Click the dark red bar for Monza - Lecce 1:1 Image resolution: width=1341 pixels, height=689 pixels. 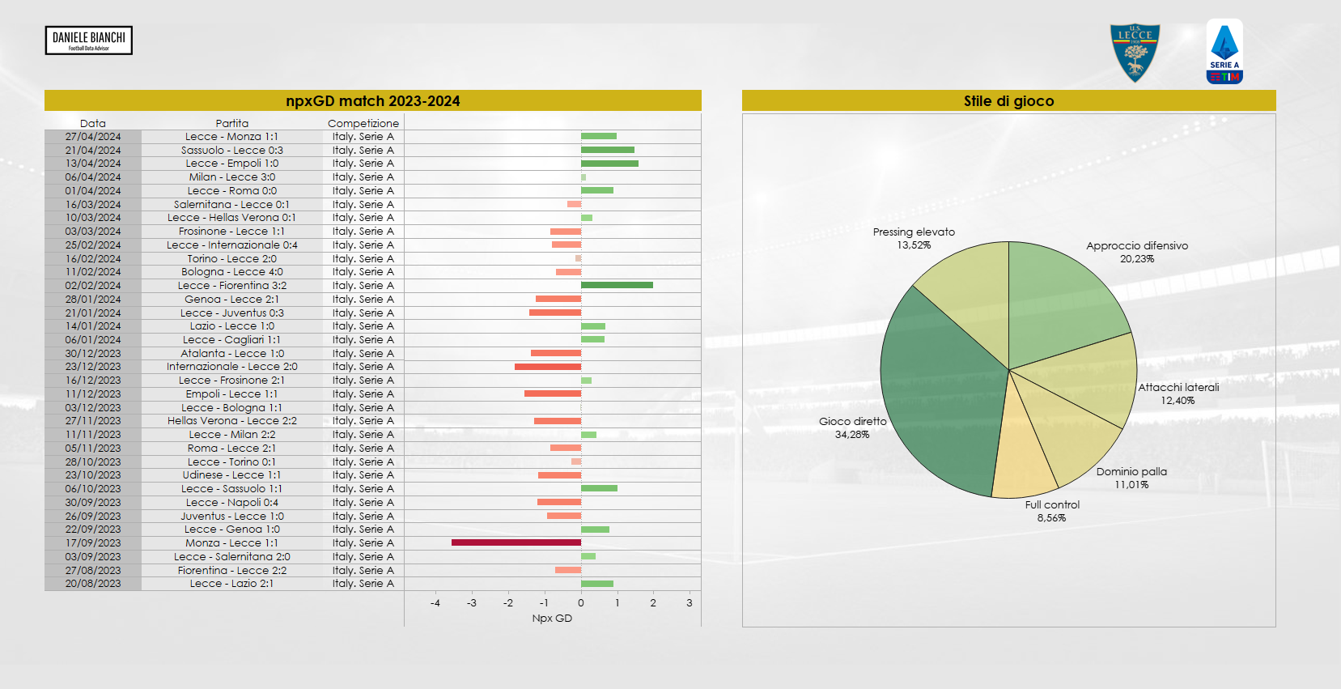tap(516, 542)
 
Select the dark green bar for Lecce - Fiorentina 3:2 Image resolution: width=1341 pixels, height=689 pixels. tap(617, 285)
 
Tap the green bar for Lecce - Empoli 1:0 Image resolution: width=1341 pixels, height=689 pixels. tap(609, 164)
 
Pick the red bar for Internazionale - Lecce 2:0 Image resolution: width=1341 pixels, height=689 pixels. tap(548, 367)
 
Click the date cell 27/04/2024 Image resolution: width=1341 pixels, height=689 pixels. tap(93, 137)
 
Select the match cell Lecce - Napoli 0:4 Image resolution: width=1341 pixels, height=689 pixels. tap(232, 503)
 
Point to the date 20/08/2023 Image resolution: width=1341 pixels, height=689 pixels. tap(93, 584)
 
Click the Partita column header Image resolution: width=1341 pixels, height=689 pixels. tap(232, 123)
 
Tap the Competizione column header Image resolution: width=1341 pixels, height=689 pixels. tap(363, 123)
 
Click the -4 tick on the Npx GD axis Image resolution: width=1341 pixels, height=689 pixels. tap(435, 603)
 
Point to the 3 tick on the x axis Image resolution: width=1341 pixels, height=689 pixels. tap(690, 603)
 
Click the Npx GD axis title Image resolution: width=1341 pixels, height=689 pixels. tap(552, 619)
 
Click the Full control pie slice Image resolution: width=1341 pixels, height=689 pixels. tap(1021, 453)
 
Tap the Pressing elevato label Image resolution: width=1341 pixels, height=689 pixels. tap(914, 232)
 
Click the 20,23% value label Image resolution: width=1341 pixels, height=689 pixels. tap(1137, 259)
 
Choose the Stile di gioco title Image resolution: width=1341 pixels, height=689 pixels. tap(1008, 101)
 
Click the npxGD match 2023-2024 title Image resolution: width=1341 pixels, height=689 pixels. tap(372, 101)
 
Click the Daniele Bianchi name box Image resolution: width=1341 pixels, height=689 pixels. tap(89, 40)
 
